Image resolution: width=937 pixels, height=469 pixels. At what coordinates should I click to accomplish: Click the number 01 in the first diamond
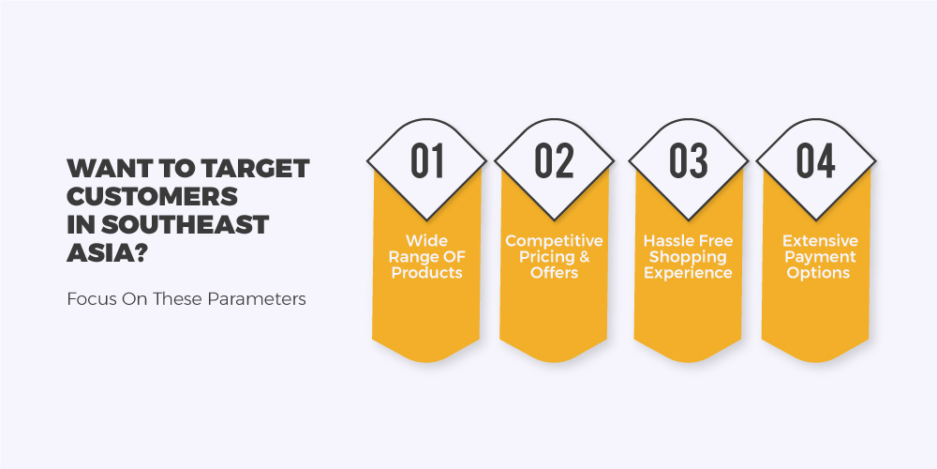[x=427, y=160]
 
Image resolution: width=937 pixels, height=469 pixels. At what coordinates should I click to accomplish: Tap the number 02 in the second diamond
[x=554, y=160]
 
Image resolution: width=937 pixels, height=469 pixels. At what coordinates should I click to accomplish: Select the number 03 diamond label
[x=688, y=160]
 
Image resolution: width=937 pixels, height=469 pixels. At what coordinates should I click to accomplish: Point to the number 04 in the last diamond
[x=816, y=160]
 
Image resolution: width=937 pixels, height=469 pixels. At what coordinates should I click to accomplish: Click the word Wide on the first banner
[x=426, y=241]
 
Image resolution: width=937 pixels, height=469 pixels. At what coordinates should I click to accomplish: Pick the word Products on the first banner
[x=426, y=273]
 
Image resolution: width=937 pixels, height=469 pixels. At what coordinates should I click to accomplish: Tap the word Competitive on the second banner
[x=554, y=241]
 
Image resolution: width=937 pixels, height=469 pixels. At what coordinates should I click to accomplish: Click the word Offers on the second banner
[x=554, y=273]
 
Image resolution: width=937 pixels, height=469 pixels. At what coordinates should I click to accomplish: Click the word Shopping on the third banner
[x=688, y=257]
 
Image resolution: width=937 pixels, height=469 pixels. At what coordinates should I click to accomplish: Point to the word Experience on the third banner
[x=688, y=273]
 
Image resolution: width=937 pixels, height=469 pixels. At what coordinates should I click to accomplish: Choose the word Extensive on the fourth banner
[x=820, y=241]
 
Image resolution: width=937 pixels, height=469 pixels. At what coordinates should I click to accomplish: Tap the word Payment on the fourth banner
[x=820, y=257]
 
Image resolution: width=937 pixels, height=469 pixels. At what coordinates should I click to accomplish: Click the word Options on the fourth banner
[x=818, y=273]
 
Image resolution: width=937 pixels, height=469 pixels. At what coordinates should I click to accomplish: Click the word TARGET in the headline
[x=255, y=169]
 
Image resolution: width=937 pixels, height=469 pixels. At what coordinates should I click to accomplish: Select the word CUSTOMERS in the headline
[x=153, y=197]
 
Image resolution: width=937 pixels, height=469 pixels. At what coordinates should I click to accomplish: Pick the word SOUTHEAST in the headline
[x=185, y=225]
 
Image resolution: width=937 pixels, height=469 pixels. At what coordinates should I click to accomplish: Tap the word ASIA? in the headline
[x=108, y=253]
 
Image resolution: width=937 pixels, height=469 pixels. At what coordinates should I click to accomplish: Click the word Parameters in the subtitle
[x=257, y=299]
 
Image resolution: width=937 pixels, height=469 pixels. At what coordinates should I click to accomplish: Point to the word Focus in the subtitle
[x=84, y=299]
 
